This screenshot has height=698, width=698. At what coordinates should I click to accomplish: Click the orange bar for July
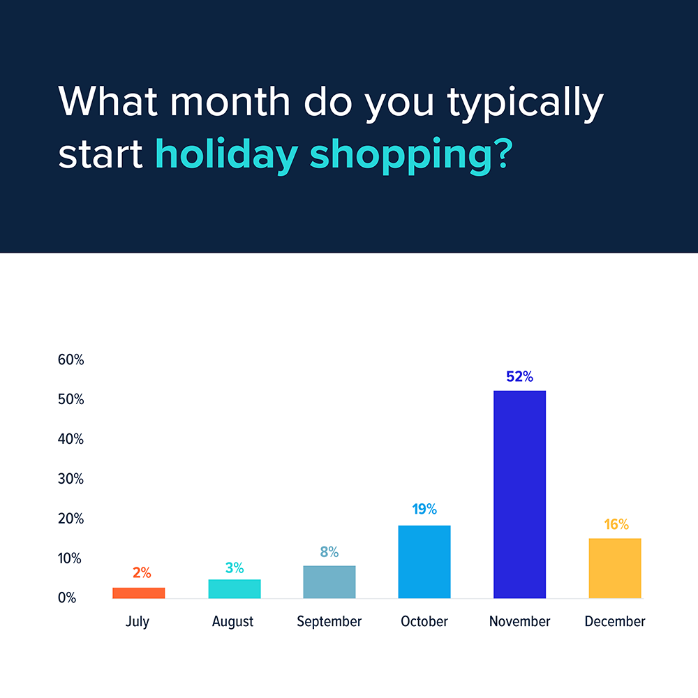tap(139, 593)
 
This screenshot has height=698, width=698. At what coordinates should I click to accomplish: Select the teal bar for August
tap(235, 588)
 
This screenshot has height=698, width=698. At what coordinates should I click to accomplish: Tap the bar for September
tap(329, 581)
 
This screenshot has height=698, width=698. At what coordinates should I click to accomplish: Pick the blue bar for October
tap(424, 561)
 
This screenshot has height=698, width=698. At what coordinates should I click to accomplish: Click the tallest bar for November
tap(519, 494)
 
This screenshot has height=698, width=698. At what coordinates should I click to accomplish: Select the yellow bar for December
tap(615, 568)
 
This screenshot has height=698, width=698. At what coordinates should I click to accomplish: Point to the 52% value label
tap(519, 377)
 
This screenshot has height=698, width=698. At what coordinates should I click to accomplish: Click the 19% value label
tap(424, 510)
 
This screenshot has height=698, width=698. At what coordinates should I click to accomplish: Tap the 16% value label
tap(616, 524)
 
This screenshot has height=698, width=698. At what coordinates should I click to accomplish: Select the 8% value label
tap(329, 552)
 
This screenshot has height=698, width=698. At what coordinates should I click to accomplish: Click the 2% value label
tap(141, 573)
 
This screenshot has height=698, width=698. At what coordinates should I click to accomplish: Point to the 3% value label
tap(235, 568)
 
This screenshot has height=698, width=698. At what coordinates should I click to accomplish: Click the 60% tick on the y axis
tap(70, 360)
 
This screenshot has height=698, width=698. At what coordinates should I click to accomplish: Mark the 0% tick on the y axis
tap(67, 598)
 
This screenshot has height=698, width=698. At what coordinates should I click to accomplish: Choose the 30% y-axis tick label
tap(70, 479)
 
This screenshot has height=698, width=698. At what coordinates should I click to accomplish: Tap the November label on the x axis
tap(519, 621)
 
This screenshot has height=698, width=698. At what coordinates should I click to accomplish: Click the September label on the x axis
tap(329, 621)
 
